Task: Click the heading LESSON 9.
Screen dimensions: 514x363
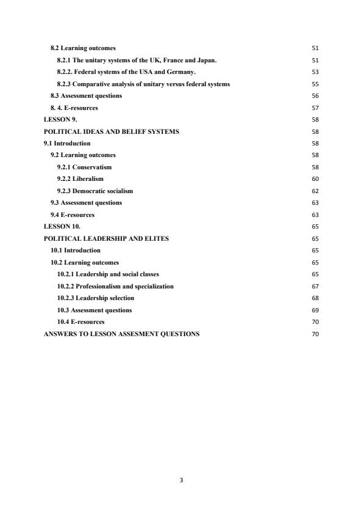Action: click(60, 120)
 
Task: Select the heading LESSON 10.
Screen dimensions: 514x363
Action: click(62, 227)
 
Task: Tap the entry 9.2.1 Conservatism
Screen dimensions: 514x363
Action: click(84, 167)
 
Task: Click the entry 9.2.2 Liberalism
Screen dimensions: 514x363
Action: click(80, 179)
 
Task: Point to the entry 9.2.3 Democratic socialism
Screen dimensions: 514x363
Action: click(95, 191)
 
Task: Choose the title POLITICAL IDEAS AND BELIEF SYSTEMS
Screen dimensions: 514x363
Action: click(112, 131)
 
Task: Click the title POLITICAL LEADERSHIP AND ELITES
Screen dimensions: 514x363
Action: click(106, 238)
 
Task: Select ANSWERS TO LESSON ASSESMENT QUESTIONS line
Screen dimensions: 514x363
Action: click(121, 334)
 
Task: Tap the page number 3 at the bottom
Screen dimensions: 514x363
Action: click(181, 480)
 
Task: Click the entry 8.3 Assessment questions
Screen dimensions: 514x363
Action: click(86, 96)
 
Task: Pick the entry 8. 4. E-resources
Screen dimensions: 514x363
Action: click(74, 108)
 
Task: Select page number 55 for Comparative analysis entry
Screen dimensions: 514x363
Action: click(315, 84)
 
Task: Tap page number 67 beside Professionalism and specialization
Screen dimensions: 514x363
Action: click(315, 287)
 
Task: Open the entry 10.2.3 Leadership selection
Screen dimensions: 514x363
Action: click(95, 298)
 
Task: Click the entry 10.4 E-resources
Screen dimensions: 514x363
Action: click(81, 322)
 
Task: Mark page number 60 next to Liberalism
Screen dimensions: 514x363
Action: click(315, 180)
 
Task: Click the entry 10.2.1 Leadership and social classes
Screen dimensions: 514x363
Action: click(108, 274)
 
